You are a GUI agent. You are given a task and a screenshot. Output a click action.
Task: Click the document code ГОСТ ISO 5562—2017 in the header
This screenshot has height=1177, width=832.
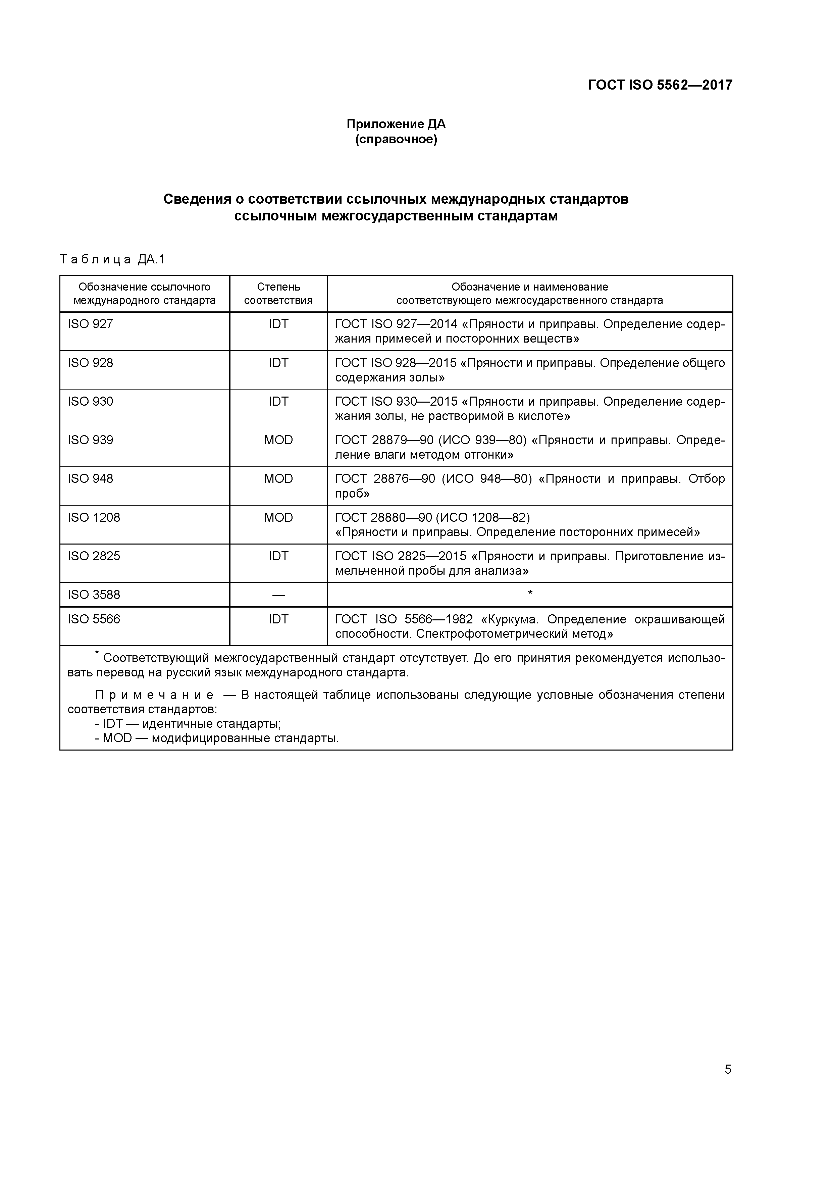click(660, 85)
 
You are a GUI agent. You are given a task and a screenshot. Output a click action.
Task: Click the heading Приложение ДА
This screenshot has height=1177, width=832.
click(396, 124)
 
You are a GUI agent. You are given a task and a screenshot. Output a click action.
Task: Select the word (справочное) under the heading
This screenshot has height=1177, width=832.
click(396, 140)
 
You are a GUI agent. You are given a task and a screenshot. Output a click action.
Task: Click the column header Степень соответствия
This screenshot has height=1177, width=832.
click(278, 293)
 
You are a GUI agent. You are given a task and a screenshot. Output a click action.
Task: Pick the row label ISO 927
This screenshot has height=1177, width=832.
click(90, 324)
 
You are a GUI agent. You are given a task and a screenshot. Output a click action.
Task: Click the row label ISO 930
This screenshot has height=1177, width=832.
click(90, 401)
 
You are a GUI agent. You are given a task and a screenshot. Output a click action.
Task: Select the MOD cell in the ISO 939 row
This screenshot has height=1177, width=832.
click(278, 440)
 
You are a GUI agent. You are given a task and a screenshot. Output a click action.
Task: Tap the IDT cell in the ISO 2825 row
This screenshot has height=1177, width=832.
click(278, 556)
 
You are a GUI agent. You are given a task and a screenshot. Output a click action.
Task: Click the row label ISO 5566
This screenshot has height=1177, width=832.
click(94, 619)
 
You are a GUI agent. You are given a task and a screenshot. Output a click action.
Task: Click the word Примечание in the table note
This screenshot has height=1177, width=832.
click(154, 695)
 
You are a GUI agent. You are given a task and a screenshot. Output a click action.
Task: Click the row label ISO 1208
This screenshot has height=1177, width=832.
click(94, 517)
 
